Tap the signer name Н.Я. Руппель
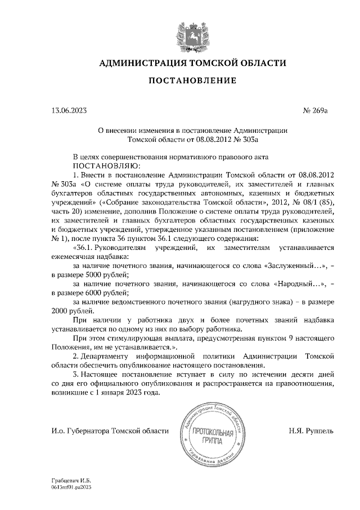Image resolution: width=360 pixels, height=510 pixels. tap(310, 431)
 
